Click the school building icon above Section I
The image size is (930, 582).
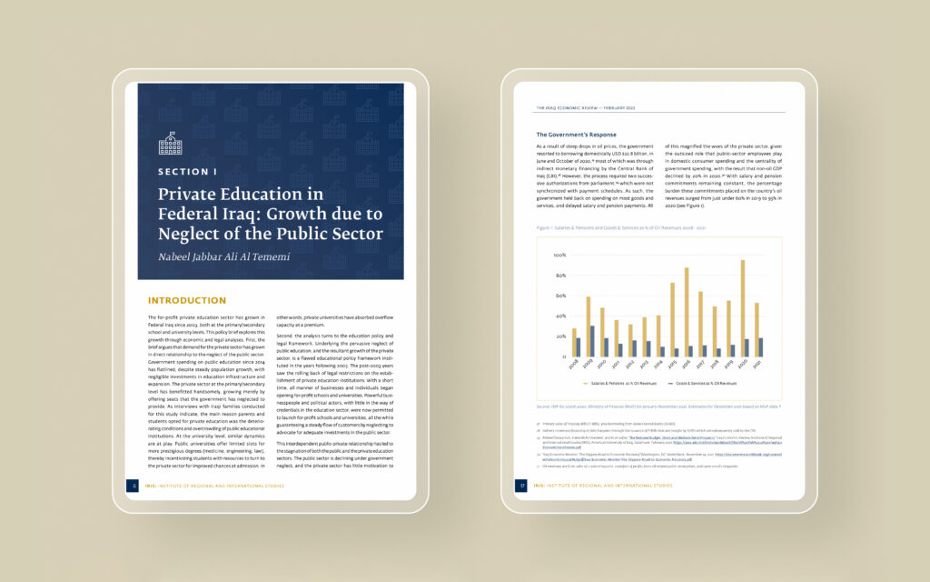click(170, 144)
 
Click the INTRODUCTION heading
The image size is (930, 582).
click(186, 300)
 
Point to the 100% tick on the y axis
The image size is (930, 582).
click(559, 256)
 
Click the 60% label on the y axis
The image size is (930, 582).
click(560, 296)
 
